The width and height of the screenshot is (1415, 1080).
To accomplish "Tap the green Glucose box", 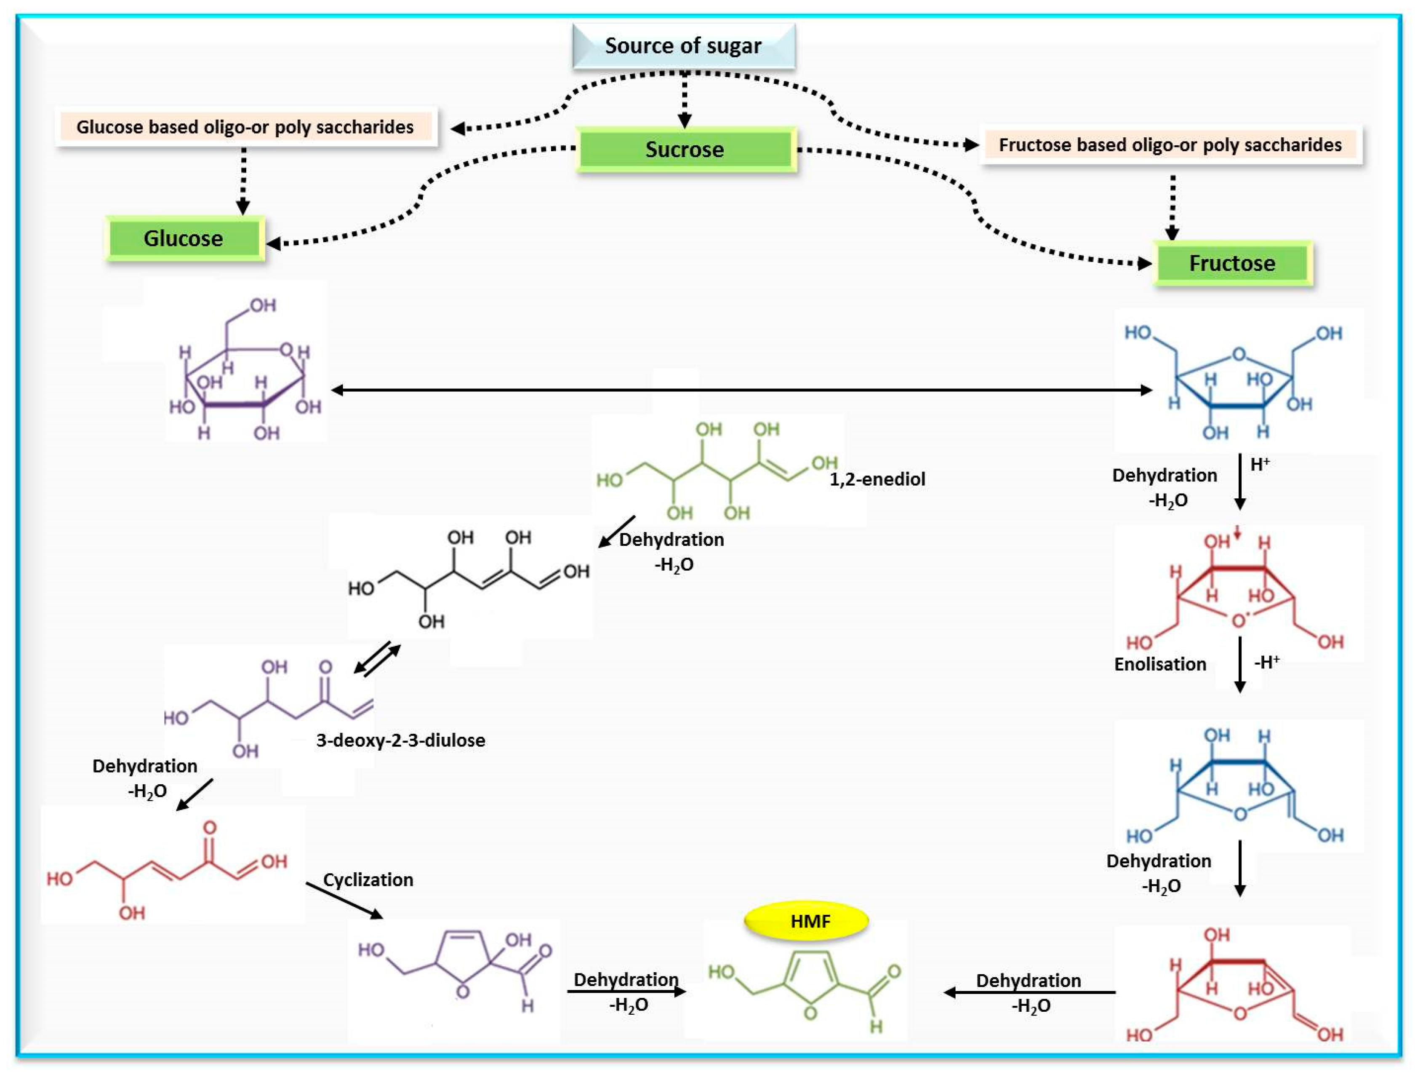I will [x=184, y=238].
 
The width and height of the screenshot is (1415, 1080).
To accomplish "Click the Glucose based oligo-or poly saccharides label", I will [x=245, y=127].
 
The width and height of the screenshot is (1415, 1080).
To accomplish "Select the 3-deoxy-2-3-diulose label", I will [x=400, y=740].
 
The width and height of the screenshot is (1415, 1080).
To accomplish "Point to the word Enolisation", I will [x=1160, y=665].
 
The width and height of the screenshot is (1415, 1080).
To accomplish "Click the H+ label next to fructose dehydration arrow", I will [x=1260, y=464].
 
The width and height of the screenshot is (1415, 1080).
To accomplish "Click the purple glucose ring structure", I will [x=244, y=379].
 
